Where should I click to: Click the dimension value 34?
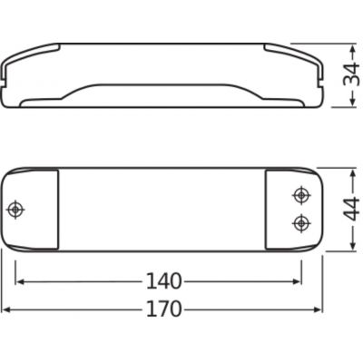[351, 75]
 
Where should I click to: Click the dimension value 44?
[351, 210]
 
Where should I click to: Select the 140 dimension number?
[163, 281]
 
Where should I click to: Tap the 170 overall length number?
[163, 309]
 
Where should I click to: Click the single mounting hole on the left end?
[15, 209]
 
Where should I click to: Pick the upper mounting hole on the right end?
[301, 195]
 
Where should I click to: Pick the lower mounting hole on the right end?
[301, 223]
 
